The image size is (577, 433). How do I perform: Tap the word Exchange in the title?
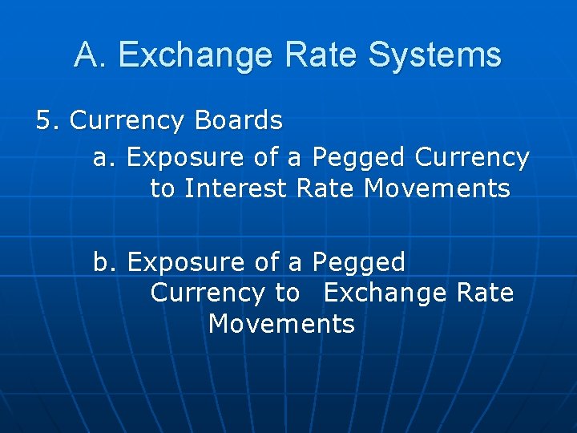point(199,55)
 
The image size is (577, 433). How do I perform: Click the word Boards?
point(238,120)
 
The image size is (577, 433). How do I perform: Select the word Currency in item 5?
point(127,120)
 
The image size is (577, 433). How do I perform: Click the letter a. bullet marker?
point(106,157)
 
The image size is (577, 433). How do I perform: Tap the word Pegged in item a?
point(359,157)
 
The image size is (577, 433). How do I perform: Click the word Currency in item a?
point(472,157)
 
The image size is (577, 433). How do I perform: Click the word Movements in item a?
point(437,188)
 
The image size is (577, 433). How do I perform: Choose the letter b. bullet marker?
point(106,262)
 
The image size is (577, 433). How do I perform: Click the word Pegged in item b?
point(359,262)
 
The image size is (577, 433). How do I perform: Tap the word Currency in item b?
point(207,293)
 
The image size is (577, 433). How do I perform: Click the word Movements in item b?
point(280,324)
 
